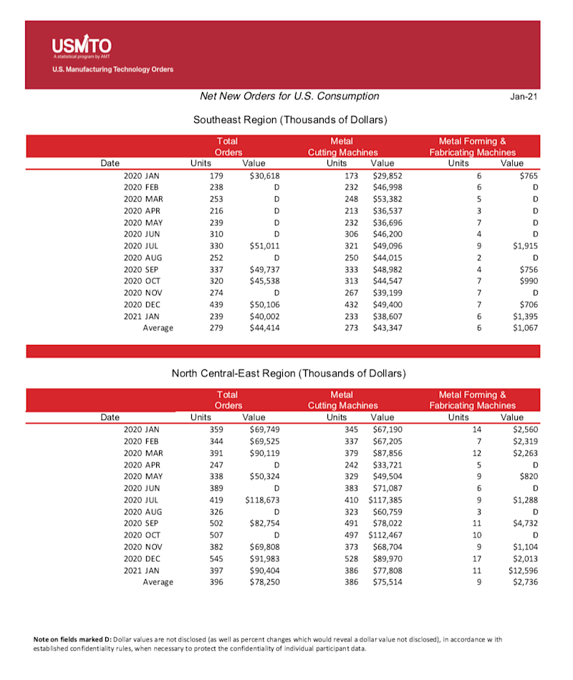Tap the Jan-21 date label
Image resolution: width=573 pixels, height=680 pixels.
[x=523, y=97]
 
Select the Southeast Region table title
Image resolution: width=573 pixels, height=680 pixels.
[x=290, y=120]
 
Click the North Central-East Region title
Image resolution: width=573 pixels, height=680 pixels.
[x=289, y=374]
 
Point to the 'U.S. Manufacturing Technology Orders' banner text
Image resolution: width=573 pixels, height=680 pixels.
[x=112, y=70]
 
